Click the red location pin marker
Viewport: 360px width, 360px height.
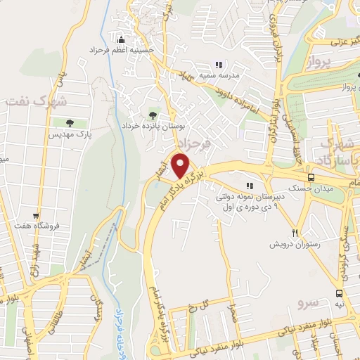coord(181,165)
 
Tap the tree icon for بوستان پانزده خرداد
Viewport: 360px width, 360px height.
coord(153,115)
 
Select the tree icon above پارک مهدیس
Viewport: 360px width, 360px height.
coord(74,122)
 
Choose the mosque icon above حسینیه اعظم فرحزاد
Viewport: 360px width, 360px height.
coord(121,39)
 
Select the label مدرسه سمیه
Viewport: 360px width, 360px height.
coord(227,75)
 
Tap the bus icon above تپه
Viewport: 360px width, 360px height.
coord(340,293)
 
